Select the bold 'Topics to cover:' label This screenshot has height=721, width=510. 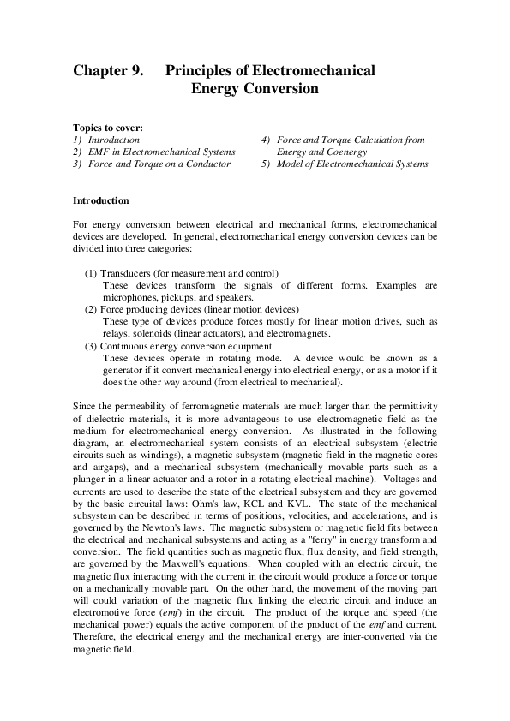pyautogui.click(x=107, y=127)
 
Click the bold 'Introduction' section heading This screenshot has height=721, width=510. pyautogui.click(x=100, y=200)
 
